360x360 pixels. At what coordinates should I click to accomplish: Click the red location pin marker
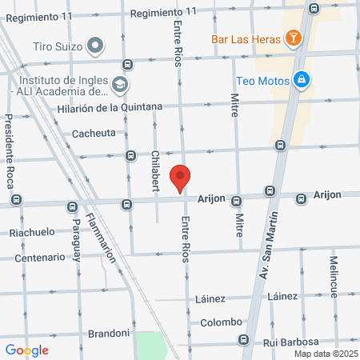(181, 178)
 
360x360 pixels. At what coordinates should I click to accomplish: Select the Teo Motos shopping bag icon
(302, 79)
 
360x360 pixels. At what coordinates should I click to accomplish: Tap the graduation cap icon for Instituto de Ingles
(119, 83)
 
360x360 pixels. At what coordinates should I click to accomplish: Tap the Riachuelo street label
(32, 232)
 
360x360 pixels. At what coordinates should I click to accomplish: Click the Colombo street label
(222, 322)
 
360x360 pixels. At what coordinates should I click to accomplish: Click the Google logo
(26, 350)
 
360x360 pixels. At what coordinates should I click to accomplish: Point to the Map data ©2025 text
(325, 354)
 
